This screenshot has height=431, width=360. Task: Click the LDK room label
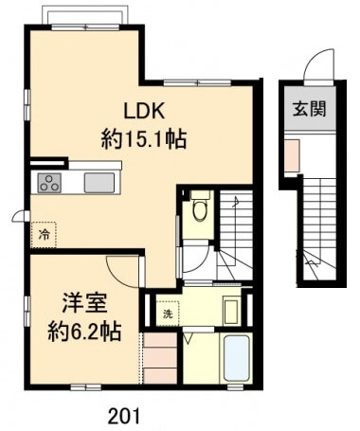[x=144, y=111]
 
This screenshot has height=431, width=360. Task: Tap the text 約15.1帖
[x=144, y=139]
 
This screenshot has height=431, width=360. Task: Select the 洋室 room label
[x=84, y=303]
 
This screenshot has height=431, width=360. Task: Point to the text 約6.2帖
[x=84, y=332]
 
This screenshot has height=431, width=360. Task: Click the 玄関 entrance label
[x=310, y=109]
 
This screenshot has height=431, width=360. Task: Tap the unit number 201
[x=123, y=416]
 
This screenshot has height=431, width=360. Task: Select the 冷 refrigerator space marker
[x=44, y=235]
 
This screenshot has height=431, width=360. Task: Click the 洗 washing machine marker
[x=168, y=314]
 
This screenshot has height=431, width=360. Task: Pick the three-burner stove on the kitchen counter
[x=50, y=183]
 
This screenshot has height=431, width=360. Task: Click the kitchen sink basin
[x=99, y=183]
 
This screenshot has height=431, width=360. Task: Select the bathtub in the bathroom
[x=237, y=358]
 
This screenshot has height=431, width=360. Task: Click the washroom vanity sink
[x=231, y=312]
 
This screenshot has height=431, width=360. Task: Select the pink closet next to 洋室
[x=160, y=358]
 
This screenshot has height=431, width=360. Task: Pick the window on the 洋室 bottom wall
[x=85, y=387]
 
